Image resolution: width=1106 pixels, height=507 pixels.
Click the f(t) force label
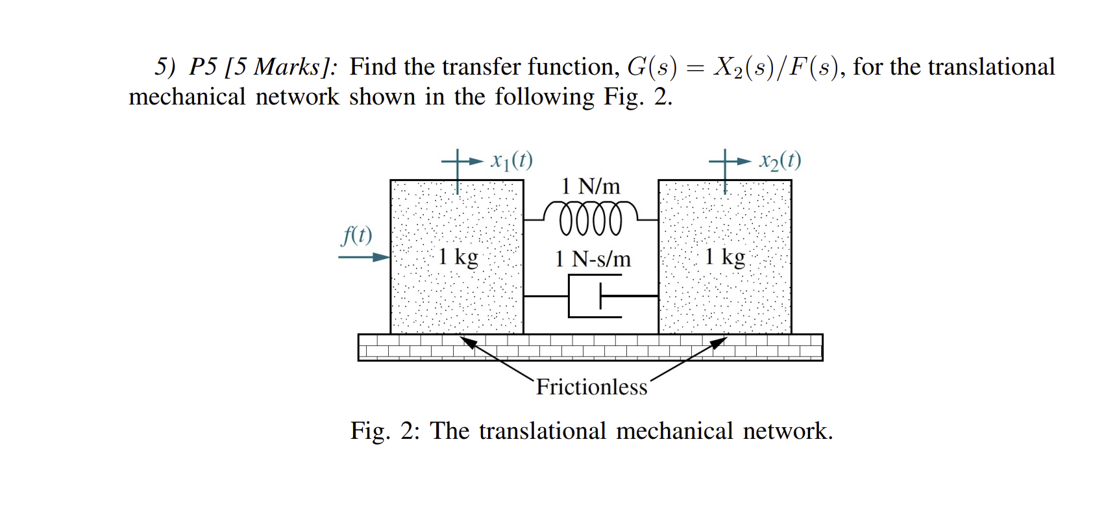tap(357, 235)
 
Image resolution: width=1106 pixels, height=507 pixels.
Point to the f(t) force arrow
tap(363, 257)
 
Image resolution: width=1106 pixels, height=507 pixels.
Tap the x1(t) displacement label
tap(511, 160)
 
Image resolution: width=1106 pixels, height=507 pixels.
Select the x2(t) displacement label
tap(780, 160)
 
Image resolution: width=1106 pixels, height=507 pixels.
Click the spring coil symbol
tap(591, 218)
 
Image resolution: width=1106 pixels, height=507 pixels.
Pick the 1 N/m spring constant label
tap(591, 186)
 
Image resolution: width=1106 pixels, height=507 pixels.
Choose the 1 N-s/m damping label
tap(593, 259)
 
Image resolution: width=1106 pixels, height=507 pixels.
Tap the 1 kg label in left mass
tap(458, 257)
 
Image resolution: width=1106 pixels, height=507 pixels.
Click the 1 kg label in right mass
tap(725, 257)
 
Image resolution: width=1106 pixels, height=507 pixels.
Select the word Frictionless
tap(591, 387)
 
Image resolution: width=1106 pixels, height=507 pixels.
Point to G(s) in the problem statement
tap(651, 67)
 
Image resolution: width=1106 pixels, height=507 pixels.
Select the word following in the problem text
tap(544, 97)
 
